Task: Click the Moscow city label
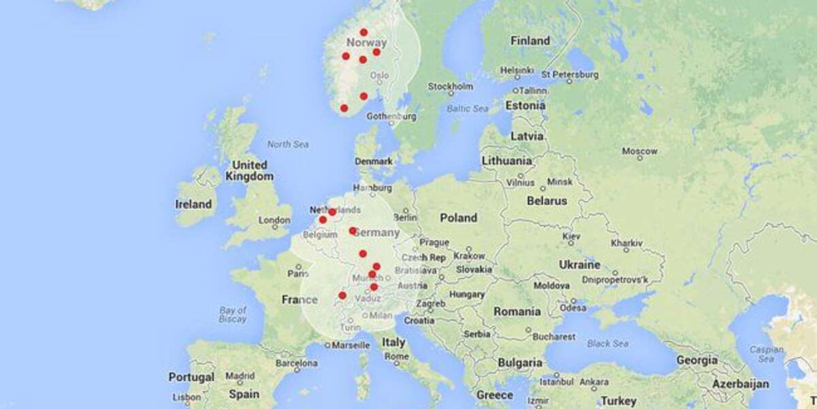coord(639,151)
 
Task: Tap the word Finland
coord(530,41)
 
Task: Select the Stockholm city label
coord(450,87)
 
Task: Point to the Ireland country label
coord(193,204)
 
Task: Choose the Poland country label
coord(458,218)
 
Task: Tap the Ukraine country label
coord(579,264)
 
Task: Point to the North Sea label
coord(288,145)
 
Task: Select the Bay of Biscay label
coord(233,314)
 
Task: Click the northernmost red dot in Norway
coord(364,32)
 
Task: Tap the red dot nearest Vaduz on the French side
coord(342,295)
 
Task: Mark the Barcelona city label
coord(296,363)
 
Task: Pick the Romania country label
coord(517,312)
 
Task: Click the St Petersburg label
coord(570,74)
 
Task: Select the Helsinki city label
coord(517,70)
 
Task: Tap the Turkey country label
coord(619,401)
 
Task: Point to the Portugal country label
coord(191,377)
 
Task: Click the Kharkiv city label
coord(626,243)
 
